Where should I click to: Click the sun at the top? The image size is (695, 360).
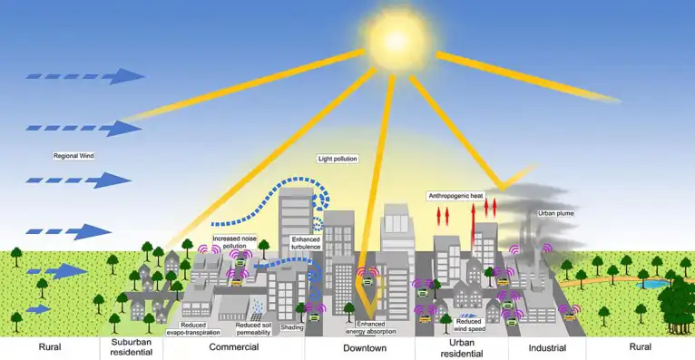(x=394, y=38)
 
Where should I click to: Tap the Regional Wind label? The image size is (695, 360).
(x=74, y=156)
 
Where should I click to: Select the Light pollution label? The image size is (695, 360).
(x=338, y=159)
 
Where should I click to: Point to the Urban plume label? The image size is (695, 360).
(x=556, y=213)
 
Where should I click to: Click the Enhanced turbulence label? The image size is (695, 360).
(x=308, y=243)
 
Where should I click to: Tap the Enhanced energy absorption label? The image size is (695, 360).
(x=377, y=326)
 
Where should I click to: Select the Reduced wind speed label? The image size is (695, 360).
(x=469, y=325)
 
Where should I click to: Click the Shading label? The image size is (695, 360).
(x=291, y=327)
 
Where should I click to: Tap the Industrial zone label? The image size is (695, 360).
(x=547, y=348)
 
